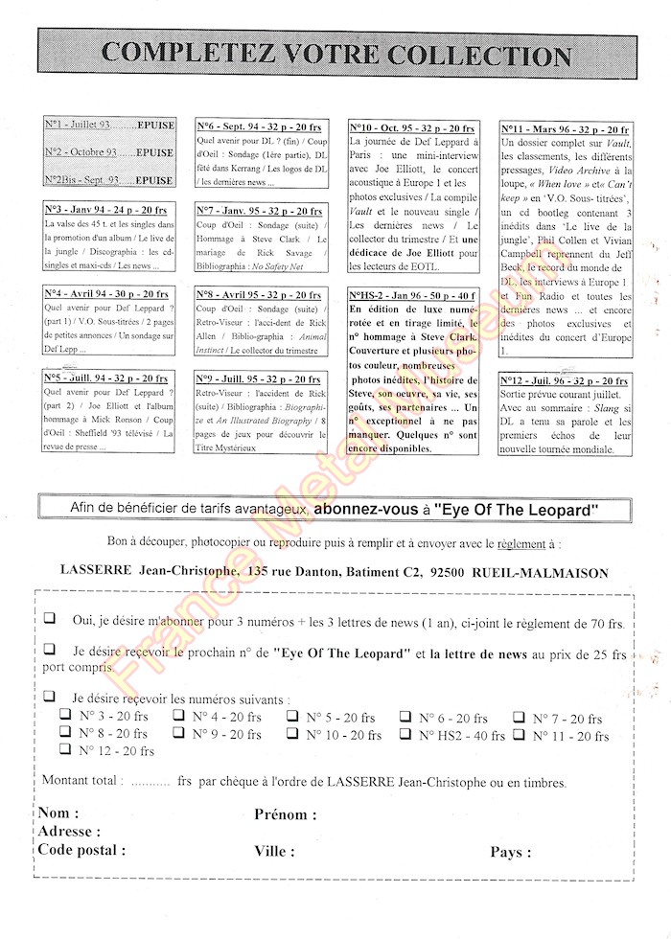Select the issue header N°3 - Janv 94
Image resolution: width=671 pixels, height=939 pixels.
click(x=106, y=210)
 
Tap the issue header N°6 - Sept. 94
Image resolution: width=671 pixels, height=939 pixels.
click(x=260, y=126)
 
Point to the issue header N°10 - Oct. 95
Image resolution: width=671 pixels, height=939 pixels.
click(x=412, y=127)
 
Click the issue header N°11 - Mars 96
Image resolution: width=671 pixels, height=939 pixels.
click(x=566, y=129)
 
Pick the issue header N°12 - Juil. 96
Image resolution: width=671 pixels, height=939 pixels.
click(x=565, y=381)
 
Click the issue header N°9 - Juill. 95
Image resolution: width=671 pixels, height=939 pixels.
click(x=260, y=378)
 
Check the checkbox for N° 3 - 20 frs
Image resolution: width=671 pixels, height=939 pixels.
click(x=65, y=715)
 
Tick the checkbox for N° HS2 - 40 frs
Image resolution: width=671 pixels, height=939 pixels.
click(x=406, y=734)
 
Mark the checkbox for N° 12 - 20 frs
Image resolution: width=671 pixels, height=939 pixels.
click(x=65, y=750)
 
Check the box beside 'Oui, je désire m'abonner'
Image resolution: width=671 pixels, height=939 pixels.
click(x=49, y=620)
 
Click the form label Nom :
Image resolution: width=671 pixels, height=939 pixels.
click(x=59, y=813)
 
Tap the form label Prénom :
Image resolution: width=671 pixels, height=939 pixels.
click(x=286, y=814)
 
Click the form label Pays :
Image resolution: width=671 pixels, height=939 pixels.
click(x=511, y=851)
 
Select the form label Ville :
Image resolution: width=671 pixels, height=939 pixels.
click(x=274, y=851)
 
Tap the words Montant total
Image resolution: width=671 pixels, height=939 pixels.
click(x=81, y=781)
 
